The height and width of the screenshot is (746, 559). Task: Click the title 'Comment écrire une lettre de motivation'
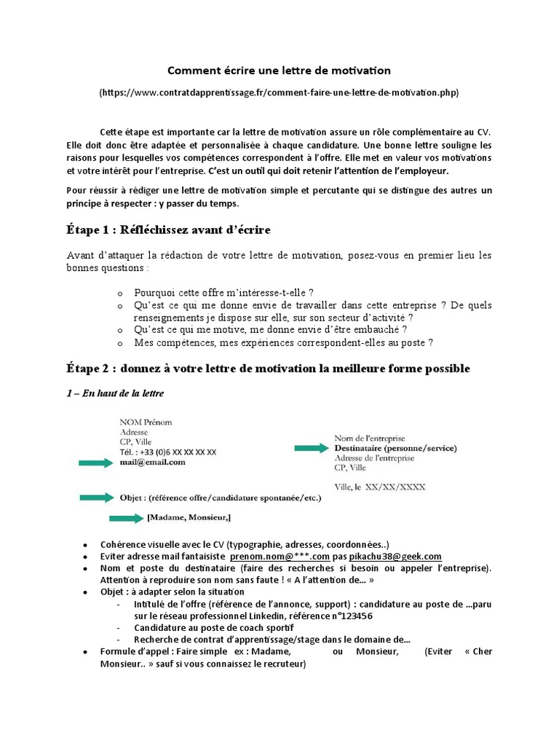coord(279,71)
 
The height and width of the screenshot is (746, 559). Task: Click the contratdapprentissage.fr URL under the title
coord(279,93)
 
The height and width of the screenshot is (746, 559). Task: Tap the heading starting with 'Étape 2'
coord(268,369)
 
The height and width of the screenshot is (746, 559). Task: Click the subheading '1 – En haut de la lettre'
coord(115,393)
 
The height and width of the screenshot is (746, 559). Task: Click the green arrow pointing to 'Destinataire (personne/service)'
coord(310,448)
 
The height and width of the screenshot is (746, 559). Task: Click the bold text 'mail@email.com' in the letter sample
coord(153,462)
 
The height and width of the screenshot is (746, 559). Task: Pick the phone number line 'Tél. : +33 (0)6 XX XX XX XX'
coord(168,452)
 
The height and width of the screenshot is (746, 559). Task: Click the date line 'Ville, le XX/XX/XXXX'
coord(380,487)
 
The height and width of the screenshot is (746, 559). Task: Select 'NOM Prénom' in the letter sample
coord(146,422)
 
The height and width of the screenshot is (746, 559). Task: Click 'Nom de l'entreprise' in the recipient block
coord(370,439)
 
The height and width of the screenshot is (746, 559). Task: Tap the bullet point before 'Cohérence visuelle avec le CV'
coord(86,545)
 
